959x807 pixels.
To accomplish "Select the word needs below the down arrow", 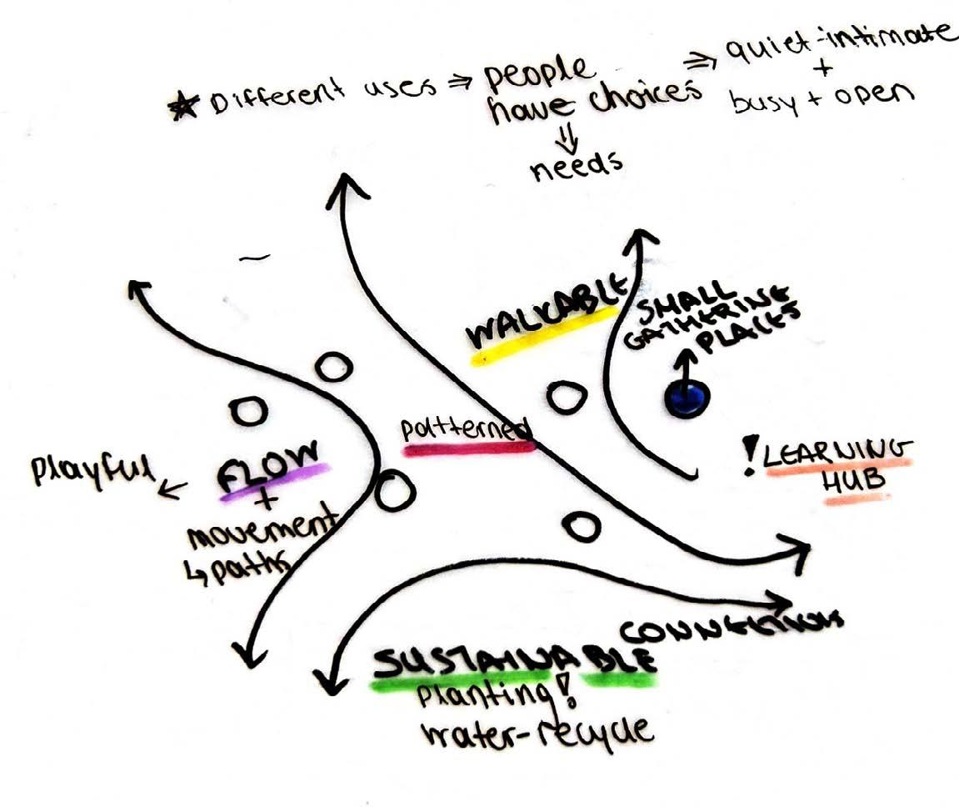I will tap(575, 163).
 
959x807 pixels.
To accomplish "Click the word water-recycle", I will tap(537, 733).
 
